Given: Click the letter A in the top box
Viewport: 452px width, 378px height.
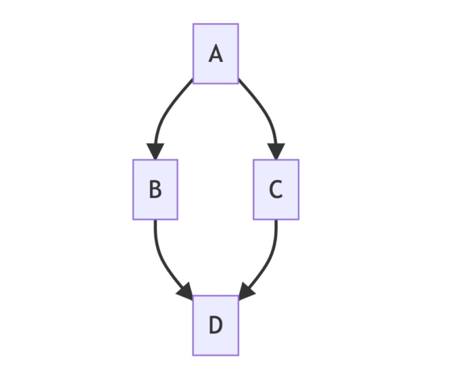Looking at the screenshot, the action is coord(216,54).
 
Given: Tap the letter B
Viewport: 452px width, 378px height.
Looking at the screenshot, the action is coord(156,189).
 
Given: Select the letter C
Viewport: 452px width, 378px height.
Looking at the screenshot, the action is coord(276,189).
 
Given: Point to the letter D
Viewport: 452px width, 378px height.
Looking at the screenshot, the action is coord(216,325).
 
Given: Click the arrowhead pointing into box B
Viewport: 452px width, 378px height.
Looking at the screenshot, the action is coord(156,151).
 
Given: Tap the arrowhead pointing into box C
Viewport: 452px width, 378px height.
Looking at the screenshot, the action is coord(276,151).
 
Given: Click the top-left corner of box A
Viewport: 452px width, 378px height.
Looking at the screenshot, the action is coord(193,24).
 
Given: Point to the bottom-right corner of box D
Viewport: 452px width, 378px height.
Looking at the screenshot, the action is coord(239,355).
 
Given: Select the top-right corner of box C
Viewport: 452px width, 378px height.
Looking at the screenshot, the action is coord(299,160).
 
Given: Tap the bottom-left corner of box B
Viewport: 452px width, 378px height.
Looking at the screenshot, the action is coord(133,219).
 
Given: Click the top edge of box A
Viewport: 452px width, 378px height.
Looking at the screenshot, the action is coord(216,24).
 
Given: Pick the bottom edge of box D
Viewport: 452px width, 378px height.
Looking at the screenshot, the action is coord(216,355).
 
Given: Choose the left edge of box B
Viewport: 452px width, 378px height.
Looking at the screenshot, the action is coord(133,189).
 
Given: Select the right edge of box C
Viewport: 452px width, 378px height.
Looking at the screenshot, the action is coord(299,189).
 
